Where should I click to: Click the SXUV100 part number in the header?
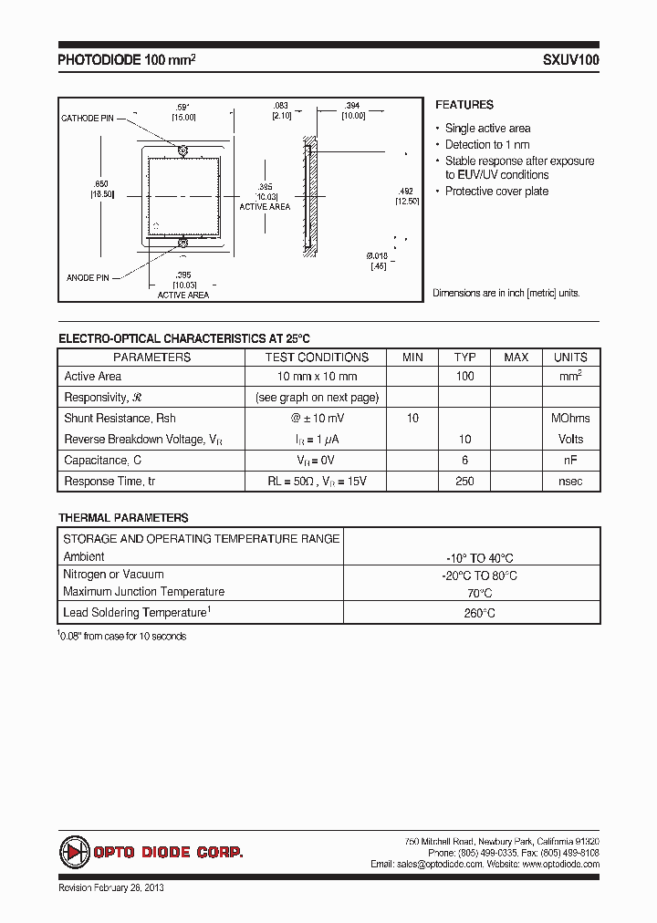(571, 61)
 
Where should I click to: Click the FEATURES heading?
(464, 105)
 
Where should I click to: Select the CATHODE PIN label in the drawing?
(88, 119)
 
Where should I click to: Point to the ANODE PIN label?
(89, 276)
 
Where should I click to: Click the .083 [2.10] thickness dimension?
(281, 111)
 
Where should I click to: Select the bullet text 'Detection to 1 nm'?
(486, 145)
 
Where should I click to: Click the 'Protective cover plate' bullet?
(496, 192)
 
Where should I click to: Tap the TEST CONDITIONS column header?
(317, 358)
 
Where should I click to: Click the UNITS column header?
(570, 358)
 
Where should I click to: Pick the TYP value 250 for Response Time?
(464, 481)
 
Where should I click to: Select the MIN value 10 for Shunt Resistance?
(412, 418)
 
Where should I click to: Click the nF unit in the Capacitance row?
(570, 460)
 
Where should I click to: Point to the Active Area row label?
(93, 377)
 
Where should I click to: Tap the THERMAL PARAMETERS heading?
(123, 517)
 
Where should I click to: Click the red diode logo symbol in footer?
(73, 852)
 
